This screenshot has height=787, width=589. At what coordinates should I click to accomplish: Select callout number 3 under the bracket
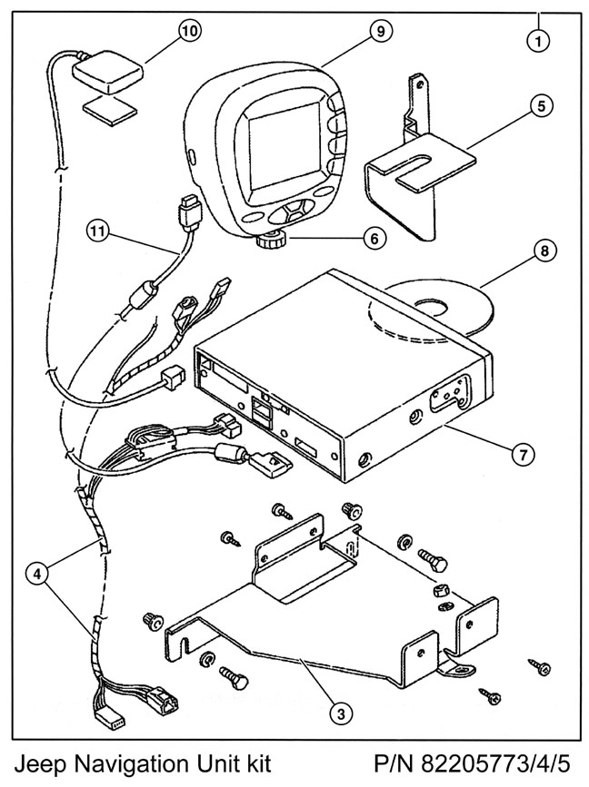coord(340,714)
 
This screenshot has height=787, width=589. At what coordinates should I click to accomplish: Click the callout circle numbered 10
coord(189,30)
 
